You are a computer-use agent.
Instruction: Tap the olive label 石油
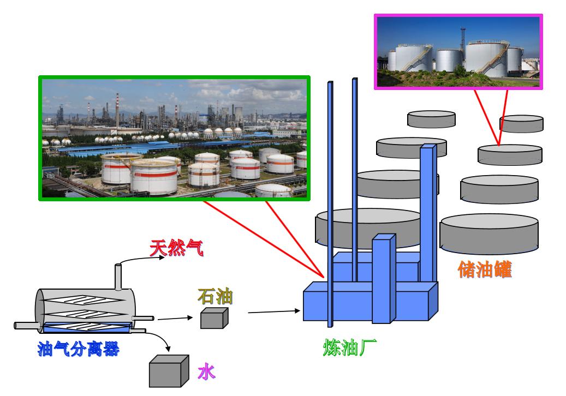215,297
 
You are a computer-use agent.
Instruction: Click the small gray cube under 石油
213,318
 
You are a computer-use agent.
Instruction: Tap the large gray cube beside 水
169,371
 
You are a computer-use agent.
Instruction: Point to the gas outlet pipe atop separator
118,277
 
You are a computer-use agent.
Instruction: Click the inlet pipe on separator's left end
25,326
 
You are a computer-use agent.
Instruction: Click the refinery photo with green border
174,139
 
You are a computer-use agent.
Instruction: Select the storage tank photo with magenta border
457,51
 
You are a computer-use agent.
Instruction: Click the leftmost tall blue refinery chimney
330,202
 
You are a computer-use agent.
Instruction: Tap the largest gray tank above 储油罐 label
489,233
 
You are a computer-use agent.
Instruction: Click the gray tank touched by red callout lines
509,154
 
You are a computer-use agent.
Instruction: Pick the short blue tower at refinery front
384,278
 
